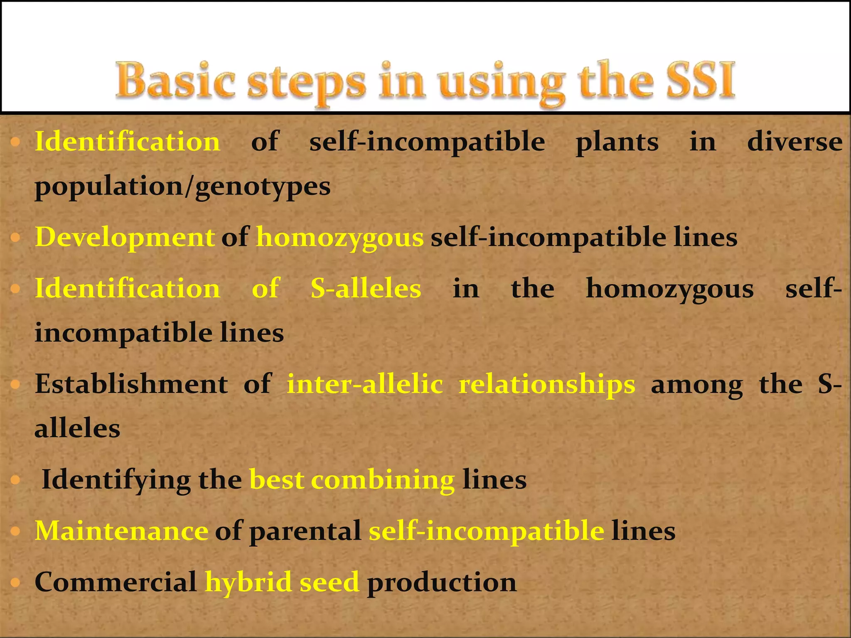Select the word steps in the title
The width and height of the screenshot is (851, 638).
(x=307, y=83)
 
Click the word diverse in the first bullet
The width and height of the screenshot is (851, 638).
(x=794, y=142)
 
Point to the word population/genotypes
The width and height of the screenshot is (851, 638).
(x=182, y=187)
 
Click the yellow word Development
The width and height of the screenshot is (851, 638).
(x=125, y=238)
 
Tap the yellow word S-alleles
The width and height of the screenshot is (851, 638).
(x=366, y=288)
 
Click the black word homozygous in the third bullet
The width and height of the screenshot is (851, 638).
(x=669, y=289)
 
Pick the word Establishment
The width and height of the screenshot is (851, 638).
(x=131, y=384)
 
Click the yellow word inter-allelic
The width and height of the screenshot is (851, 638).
(x=365, y=384)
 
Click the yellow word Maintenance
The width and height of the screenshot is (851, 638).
(x=121, y=531)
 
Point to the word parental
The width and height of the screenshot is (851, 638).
(x=305, y=532)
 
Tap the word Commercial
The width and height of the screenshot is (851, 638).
(x=116, y=582)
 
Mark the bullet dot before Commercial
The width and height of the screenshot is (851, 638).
(x=15, y=582)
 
